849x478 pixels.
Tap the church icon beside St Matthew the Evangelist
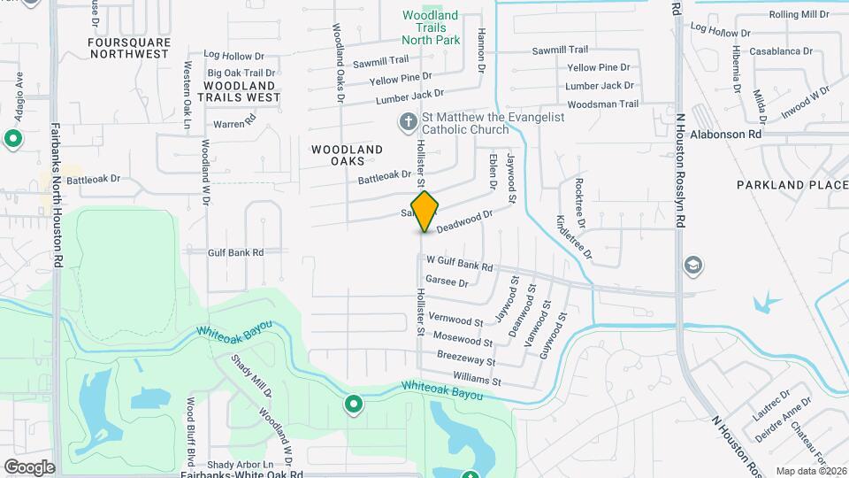(x=408, y=121)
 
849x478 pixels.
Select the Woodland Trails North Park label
(x=431, y=27)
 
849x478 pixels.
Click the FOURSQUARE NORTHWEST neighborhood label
(x=128, y=48)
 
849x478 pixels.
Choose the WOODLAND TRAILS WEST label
(x=238, y=91)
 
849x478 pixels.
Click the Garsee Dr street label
(x=447, y=281)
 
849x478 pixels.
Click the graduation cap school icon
(x=694, y=265)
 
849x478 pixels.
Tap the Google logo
(x=29, y=466)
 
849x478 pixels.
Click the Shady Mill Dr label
(x=251, y=375)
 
